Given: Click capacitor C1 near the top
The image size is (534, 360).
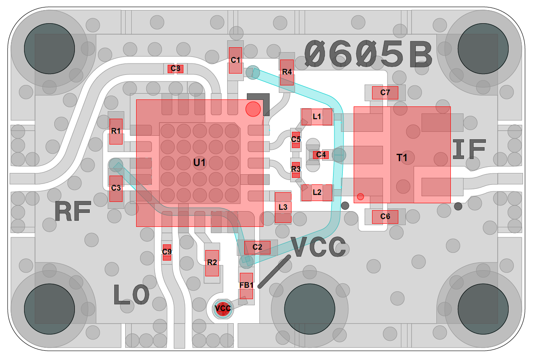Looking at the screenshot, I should coord(235,60).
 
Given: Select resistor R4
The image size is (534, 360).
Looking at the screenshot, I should coord(287,72).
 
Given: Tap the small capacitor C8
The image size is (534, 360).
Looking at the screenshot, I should coord(176,68).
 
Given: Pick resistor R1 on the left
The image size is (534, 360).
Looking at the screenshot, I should coord(116,131).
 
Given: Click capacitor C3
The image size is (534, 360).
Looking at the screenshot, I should coord(116,188).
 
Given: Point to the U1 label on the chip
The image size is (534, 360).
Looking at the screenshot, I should coord(200,162).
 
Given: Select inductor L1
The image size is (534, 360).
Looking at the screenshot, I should coord(317,116).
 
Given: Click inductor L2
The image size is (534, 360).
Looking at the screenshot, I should coord(317,192).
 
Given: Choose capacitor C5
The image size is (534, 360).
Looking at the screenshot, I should coord(296,139).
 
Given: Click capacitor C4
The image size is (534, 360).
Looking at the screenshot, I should coord(321,155).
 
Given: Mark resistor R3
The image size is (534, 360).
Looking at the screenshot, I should coord(296,169).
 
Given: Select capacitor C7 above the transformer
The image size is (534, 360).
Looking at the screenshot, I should coord(385,92).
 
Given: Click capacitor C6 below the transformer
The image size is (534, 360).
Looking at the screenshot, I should coord(385,216).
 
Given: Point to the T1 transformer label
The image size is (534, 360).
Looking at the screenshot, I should coord(402,158).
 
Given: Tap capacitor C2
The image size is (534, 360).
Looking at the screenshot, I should coord(257,247).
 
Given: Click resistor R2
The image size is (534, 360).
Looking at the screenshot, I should coord(212,263).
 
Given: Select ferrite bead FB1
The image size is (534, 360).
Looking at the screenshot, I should coord(246,286).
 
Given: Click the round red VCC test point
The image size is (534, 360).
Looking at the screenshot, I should coord(223,308).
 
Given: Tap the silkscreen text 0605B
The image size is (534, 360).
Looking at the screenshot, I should coord(369,54).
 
